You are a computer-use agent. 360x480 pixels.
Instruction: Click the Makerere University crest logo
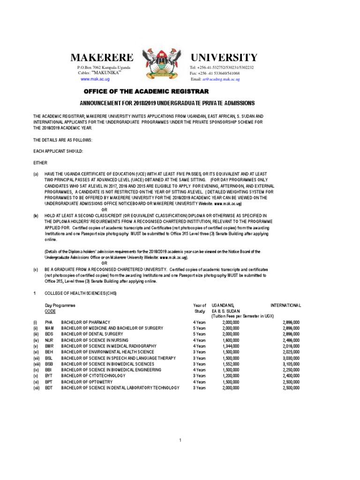160,64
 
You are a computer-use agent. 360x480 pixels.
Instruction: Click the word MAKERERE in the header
102,58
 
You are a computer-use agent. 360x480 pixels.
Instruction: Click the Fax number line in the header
214,74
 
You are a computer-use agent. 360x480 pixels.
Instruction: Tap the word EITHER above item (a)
40,162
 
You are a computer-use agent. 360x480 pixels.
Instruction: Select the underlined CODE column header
50,311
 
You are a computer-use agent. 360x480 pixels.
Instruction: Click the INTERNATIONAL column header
285,305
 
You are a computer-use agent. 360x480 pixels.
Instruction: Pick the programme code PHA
49,322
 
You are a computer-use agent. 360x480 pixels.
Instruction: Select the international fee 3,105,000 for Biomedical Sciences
291,364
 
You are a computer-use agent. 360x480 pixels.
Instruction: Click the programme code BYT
49,376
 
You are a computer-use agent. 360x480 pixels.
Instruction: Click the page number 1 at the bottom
180,440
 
